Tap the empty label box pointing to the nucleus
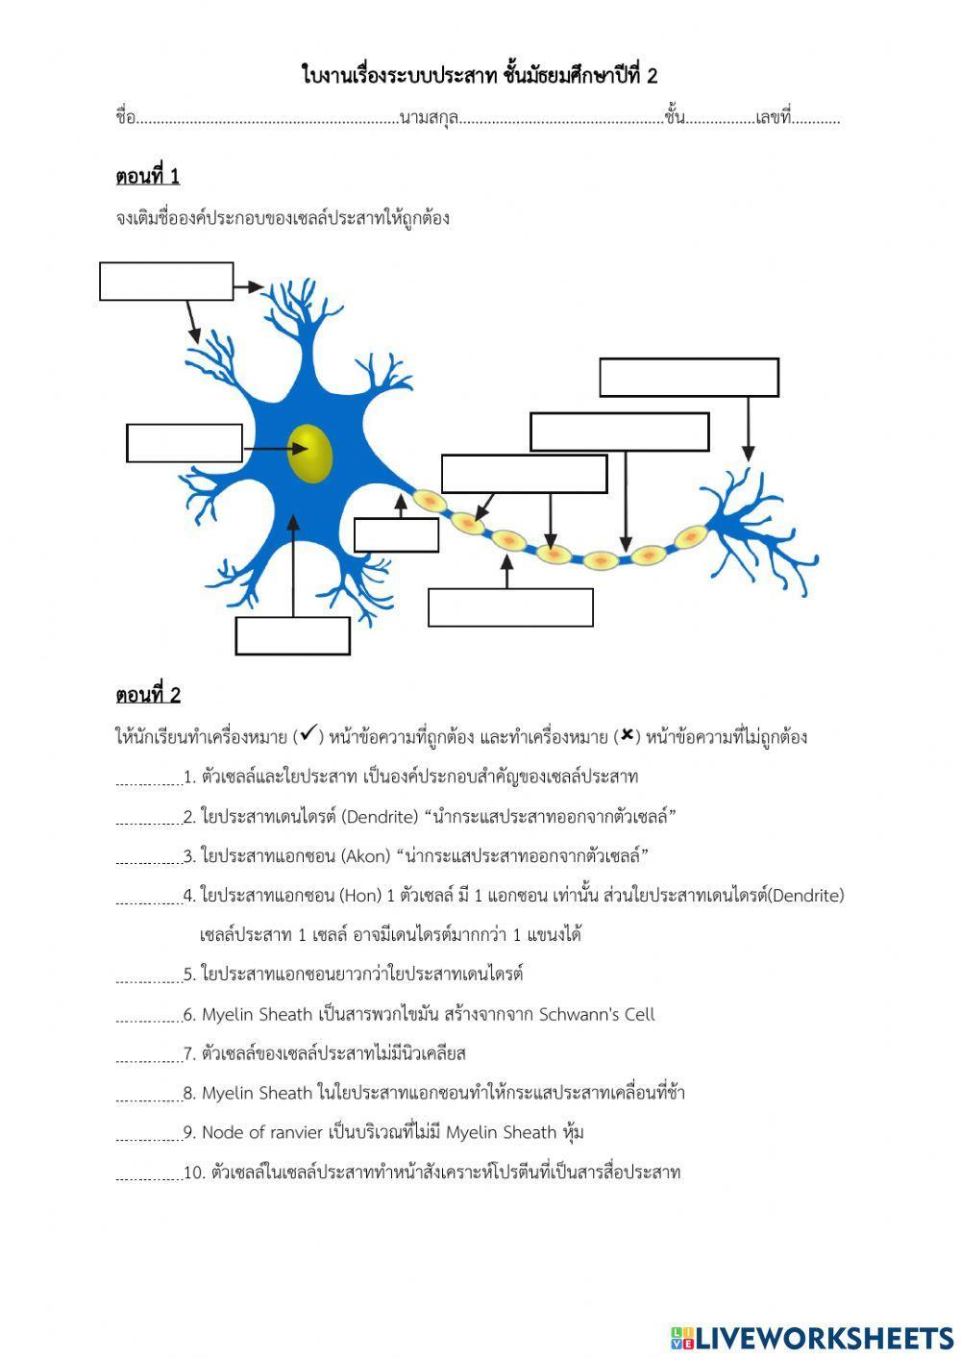pos(185,443)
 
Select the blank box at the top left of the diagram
pos(166,282)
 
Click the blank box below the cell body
pos(293,635)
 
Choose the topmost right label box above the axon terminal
pos(689,378)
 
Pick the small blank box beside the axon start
pos(397,535)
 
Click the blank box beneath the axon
pos(510,607)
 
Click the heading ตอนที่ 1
pos(147,177)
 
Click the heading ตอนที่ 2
pos(147,695)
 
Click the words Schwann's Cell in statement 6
pos(596,1014)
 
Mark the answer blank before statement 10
pos(148,1173)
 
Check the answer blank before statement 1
pos(148,778)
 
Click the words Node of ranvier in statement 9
pos(261,1132)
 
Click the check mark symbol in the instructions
pos(307,736)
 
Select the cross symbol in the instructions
pos(627,736)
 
